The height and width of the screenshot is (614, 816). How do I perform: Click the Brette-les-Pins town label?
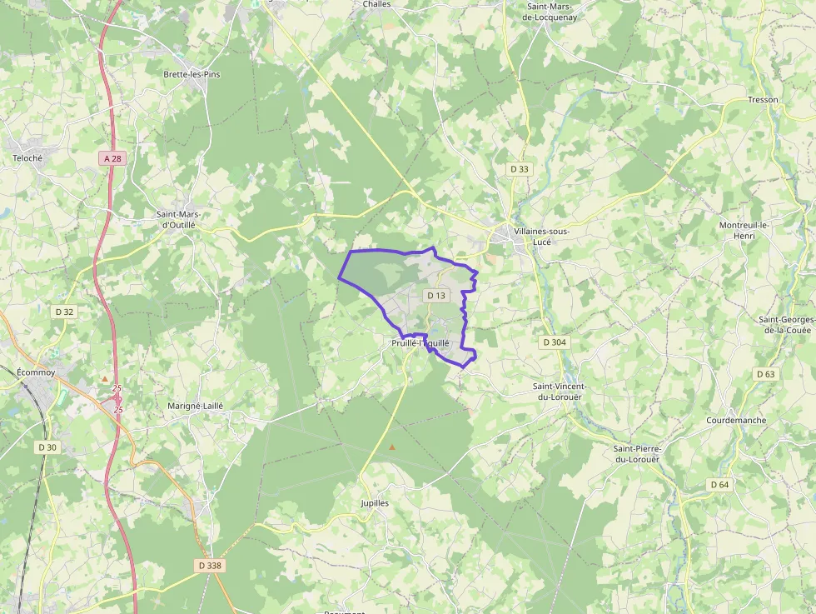click(192, 74)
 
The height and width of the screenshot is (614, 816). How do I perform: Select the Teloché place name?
click(27, 157)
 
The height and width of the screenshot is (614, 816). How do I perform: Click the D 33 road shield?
click(519, 168)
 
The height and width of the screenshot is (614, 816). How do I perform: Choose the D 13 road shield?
click(436, 295)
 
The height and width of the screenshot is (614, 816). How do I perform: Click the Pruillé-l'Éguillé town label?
click(420, 342)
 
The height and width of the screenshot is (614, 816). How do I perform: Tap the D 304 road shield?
click(554, 342)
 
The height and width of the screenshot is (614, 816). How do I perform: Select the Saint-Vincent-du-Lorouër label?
click(560, 392)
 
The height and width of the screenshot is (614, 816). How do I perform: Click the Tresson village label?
click(763, 100)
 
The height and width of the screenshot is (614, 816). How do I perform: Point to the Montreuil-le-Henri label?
click(746, 231)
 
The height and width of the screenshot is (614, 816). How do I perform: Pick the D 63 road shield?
click(765, 374)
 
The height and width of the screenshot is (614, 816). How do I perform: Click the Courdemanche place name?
click(736, 420)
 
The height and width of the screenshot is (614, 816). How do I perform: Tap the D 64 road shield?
click(719, 484)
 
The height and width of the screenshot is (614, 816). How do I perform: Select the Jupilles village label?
click(375, 503)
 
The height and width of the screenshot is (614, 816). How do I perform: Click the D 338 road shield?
click(211, 565)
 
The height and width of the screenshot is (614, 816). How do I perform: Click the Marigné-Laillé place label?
click(196, 405)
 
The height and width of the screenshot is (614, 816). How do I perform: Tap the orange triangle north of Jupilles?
click(392, 447)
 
